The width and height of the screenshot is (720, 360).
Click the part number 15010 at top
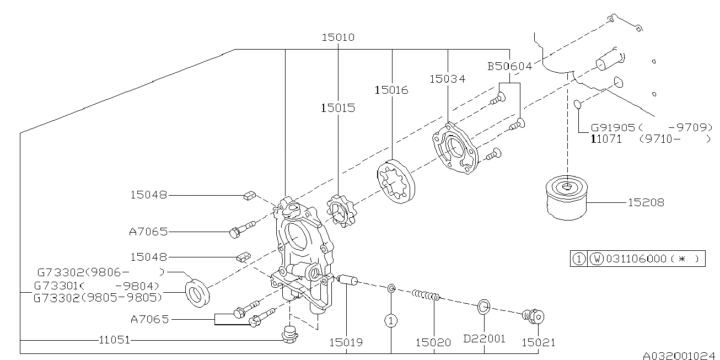338,37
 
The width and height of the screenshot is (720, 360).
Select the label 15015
337,108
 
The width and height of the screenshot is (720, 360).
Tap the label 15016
391,89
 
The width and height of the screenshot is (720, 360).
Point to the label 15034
447,79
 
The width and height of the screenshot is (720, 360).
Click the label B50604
509,67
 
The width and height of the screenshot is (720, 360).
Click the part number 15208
646,203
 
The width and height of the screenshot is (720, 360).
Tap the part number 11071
606,139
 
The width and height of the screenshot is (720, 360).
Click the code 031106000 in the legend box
636,259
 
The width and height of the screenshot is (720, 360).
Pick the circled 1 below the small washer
391,320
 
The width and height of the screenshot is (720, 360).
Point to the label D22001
484,338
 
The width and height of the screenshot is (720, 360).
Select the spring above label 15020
426,296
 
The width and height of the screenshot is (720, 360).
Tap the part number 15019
347,342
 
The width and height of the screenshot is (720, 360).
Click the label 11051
115,340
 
